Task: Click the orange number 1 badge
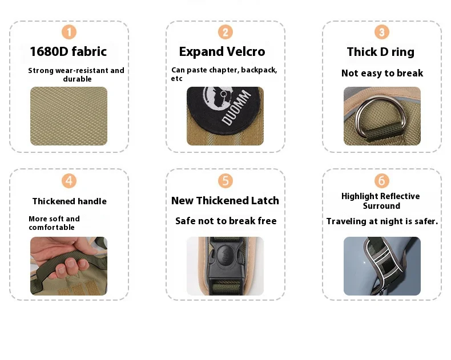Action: (69, 32)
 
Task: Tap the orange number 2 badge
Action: (225, 32)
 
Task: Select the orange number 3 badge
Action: (382, 32)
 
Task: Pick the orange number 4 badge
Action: (69, 181)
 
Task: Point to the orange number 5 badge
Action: (225, 181)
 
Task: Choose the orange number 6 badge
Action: (382, 181)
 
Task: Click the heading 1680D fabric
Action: (69, 52)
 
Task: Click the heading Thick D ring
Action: (381, 52)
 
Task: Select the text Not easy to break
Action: (382, 74)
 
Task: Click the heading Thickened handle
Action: (69, 201)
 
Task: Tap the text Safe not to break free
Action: (226, 221)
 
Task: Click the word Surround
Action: (381, 206)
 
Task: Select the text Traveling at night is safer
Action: (382, 221)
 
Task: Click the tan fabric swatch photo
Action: (69, 116)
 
